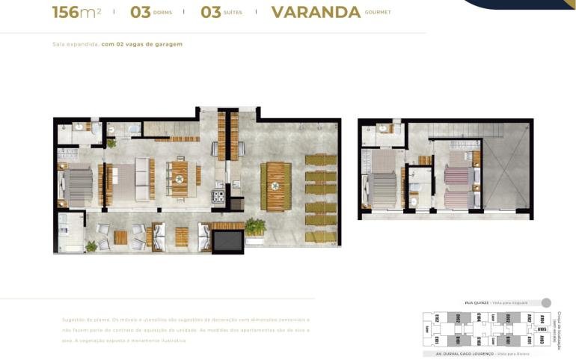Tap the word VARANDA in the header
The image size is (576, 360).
pos(315,12)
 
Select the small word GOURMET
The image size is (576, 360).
pos(378,13)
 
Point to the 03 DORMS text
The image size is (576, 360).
pos(150,12)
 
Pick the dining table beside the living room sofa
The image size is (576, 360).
pos(180,179)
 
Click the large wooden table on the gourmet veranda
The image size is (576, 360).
pos(275,186)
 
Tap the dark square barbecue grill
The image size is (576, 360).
pos(227,242)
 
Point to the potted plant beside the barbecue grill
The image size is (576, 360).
pos(255,226)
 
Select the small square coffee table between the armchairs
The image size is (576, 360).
pos(120,238)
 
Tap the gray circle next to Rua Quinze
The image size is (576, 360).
pos(546,302)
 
